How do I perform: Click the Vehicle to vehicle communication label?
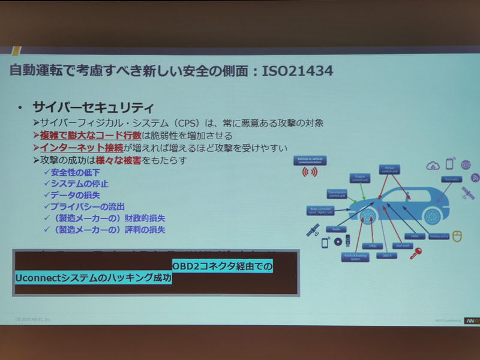click(x=310, y=160)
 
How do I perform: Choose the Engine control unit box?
click(x=361, y=178)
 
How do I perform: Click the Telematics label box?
click(x=451, y=179)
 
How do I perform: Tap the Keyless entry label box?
click(x=440, y=236)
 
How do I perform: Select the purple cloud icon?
click(x=433, y=165)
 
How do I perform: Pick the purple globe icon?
click(x=466, y=164)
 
